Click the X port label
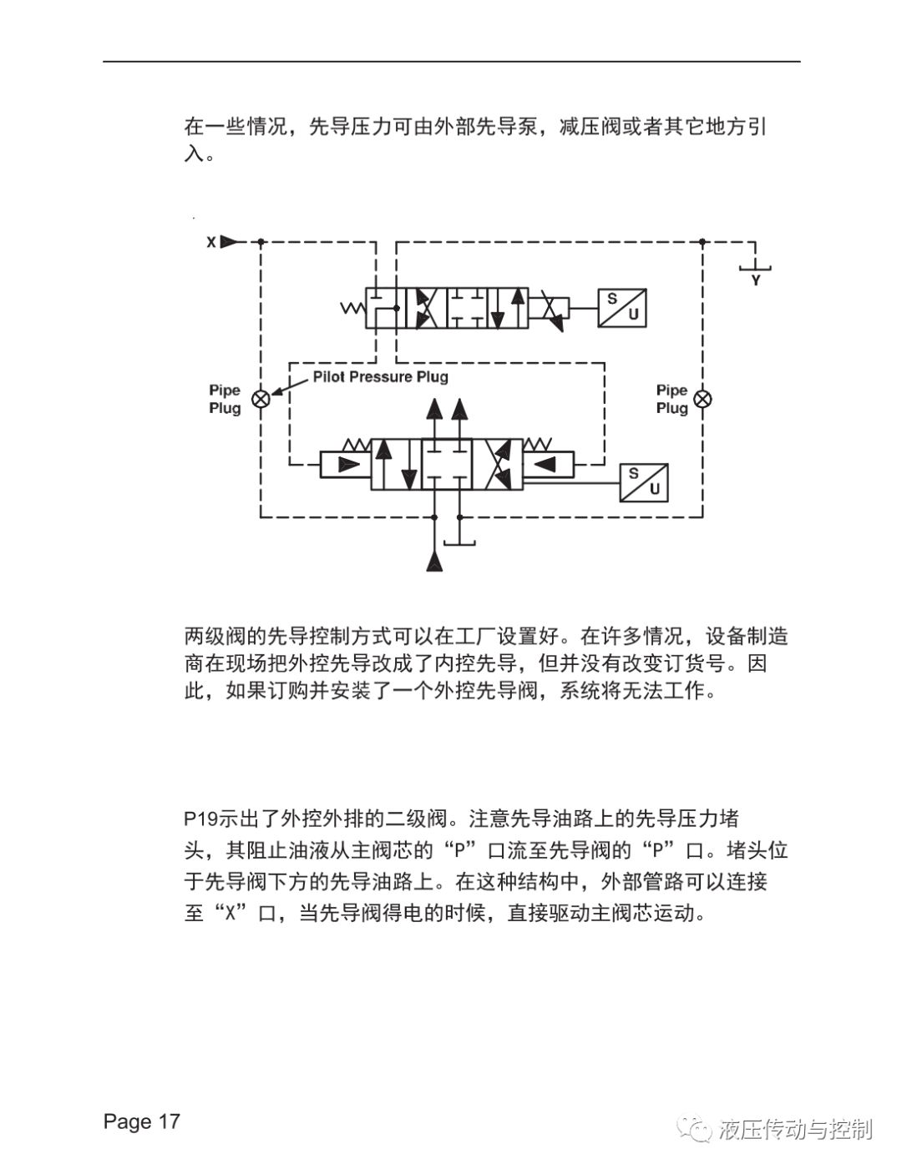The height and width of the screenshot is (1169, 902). [x=211, y=242]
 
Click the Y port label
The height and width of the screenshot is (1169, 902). [x=756, y=280]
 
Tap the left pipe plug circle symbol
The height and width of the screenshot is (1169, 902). [x=261, y=399]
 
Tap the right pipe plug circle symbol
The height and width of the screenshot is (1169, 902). [x=702, y=399]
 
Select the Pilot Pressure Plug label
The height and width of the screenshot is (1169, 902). [x=380, y=376]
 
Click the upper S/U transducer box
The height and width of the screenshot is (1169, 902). [x=622, y=308]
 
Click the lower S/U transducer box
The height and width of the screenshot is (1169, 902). [x=644, y=482]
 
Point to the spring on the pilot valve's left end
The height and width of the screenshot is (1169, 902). [x=353, y=308]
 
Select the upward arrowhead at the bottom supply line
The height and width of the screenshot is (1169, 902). [x=434, y=562]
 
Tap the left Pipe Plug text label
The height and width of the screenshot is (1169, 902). [x=225, y=399]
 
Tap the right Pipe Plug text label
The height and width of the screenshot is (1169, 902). [x=672, y=399]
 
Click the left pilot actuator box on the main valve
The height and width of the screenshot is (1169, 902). [x=345, y=465]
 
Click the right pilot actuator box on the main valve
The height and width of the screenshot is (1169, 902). [x=548, y=465]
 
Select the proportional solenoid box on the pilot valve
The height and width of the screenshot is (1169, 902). [x=549, y=308]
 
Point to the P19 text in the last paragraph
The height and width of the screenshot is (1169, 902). [x=201, y=819]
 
